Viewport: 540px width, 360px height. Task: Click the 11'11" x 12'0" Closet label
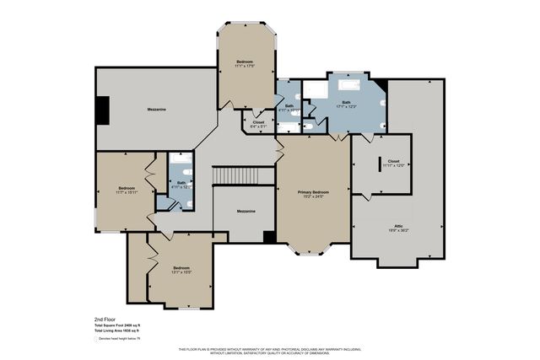(393, 163)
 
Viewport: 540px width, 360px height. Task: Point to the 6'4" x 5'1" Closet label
(258, 124)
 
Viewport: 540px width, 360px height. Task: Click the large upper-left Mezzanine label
(155, 109)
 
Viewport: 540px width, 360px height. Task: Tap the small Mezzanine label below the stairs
(246, 211)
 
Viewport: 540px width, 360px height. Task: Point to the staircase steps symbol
(243, 176)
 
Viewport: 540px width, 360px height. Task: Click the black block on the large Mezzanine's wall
(102, 110)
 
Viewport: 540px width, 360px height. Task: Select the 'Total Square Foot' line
(116, 326)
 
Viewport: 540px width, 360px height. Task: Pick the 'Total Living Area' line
(116, 331)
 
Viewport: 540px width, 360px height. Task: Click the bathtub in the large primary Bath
(348, 85)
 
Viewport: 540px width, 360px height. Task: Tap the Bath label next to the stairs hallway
(181, 184)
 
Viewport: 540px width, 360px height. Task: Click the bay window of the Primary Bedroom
(312, 250)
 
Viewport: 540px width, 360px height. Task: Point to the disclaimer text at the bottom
(270, 351)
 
